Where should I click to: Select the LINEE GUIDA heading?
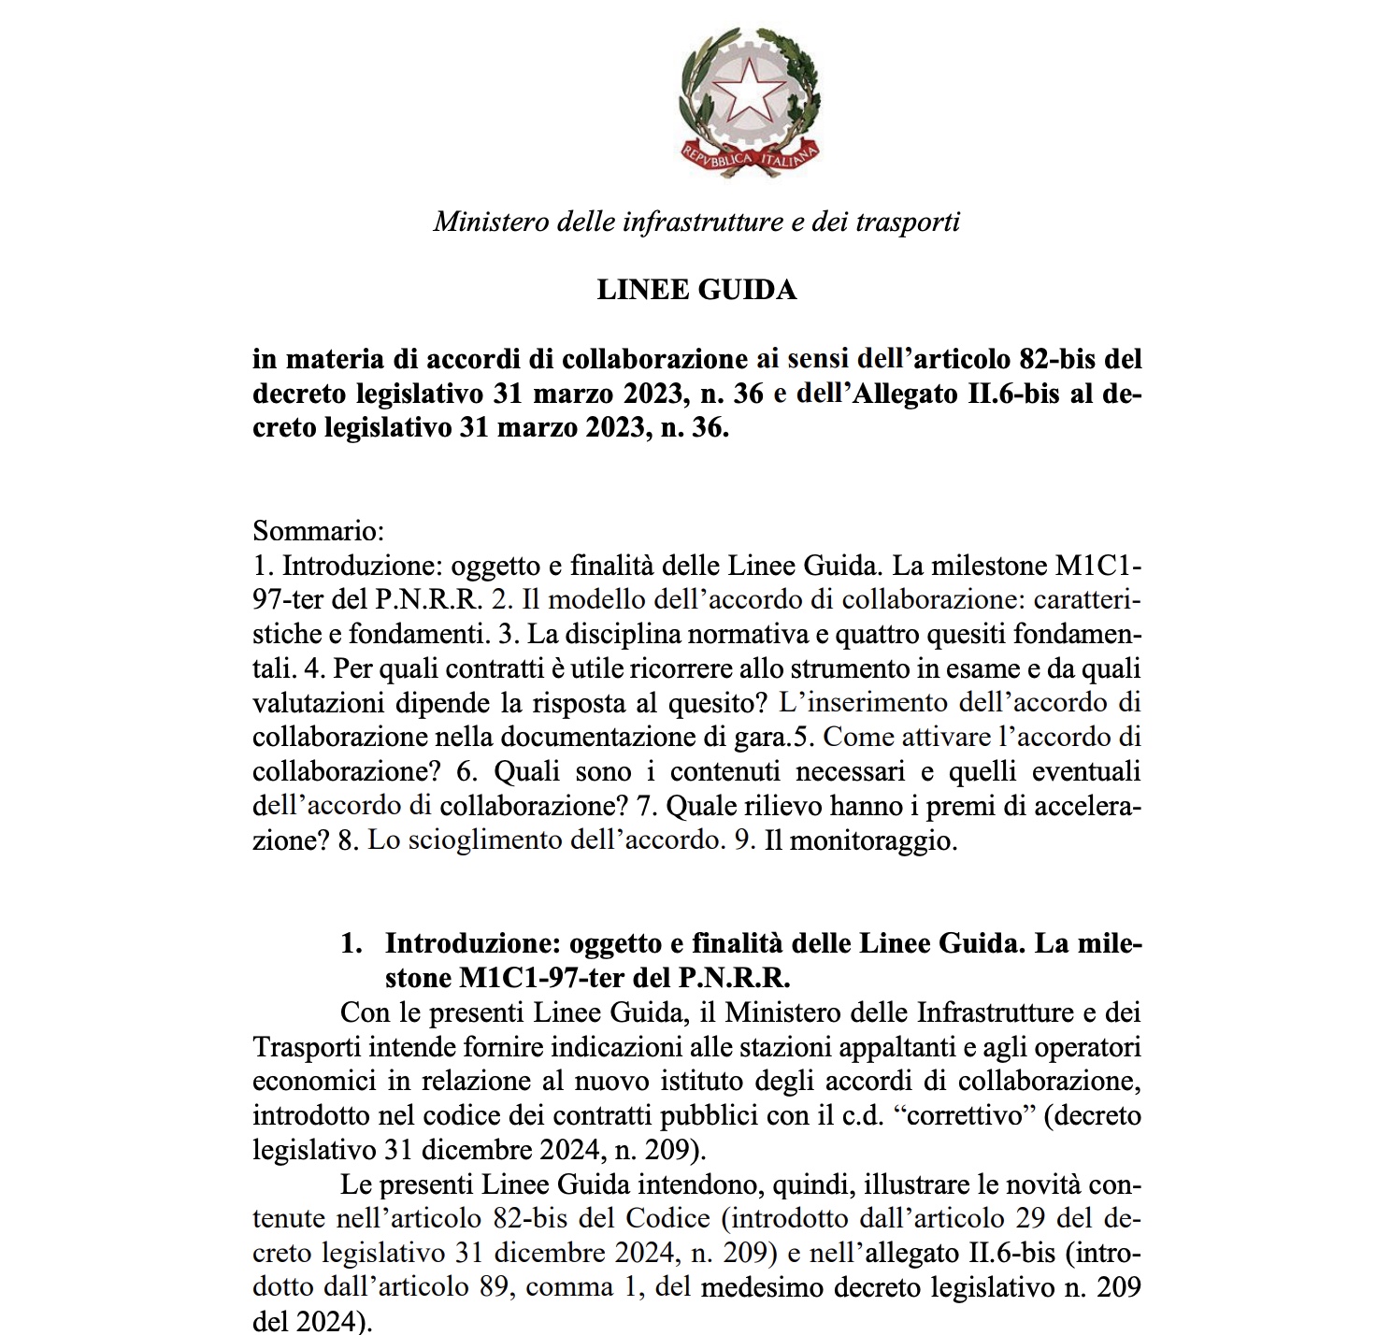[696, 290]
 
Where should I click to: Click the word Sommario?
[319, 532]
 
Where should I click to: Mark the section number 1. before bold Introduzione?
[351, 943]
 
